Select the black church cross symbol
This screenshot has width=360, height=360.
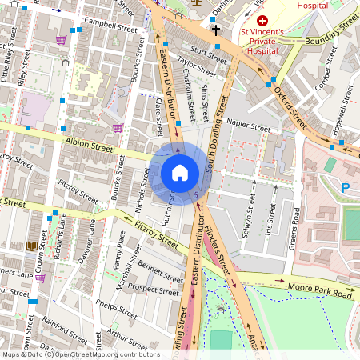click(215, 30)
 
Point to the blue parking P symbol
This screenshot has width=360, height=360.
click(346, 186)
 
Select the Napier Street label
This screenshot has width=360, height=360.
click(249, 126)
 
